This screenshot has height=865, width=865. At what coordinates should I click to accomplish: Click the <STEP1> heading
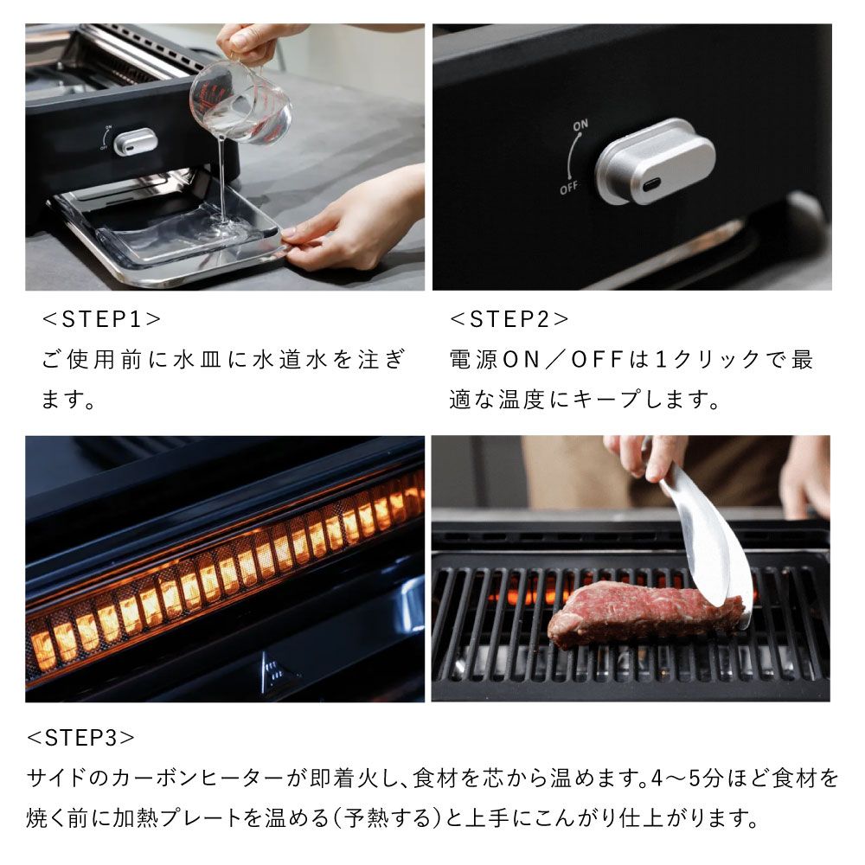[102, 318]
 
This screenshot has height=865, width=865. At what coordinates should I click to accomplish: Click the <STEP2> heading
[509, 318]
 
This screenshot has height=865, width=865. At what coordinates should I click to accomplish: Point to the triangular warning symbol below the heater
[272, 670]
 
